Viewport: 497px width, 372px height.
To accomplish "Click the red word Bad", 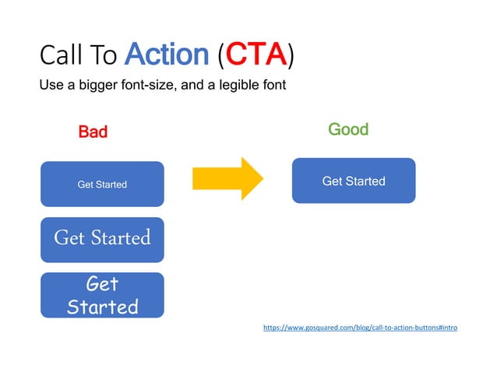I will (93, 132).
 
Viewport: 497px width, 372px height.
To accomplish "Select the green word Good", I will (348, 129).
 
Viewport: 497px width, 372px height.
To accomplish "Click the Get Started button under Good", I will (354, 181).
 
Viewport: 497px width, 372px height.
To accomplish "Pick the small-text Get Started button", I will (102, 184).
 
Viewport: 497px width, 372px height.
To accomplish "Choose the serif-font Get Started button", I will (102, 237).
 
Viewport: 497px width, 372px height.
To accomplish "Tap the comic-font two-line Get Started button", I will (102, 295).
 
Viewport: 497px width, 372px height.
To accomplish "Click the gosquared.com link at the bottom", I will (360, 328).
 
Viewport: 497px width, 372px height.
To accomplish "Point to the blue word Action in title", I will (167, 55).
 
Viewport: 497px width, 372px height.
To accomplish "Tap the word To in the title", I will (104, 55).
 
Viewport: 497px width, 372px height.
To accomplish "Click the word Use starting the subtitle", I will (51, 85).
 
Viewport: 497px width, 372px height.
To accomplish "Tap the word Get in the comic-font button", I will (102, 284).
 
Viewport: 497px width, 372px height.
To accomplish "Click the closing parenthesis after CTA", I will (291, 56).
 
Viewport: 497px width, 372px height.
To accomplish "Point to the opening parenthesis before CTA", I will (221, 56).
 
